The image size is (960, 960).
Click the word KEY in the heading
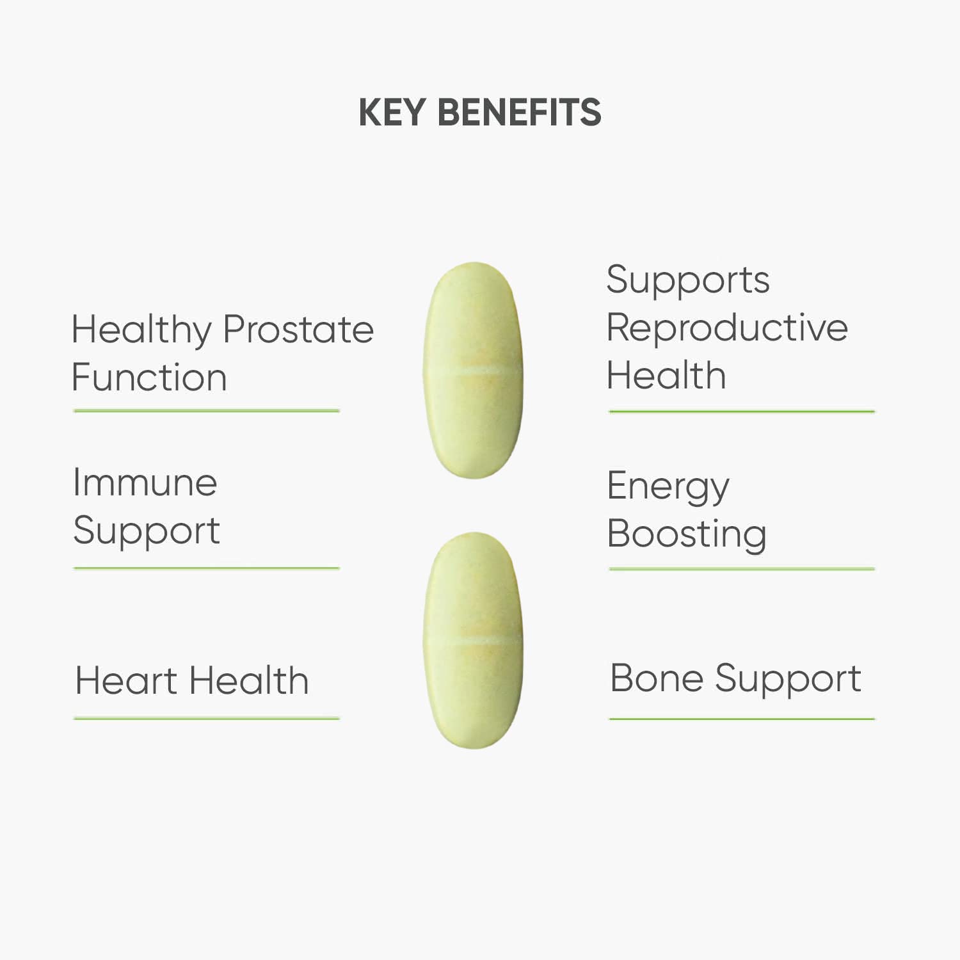[392, 113]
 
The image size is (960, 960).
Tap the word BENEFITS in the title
[519, 113]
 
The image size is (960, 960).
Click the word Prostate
[298, 330]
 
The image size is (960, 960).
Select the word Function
[149, 377]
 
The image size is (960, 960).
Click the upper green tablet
[473, 370]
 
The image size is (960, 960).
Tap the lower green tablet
[473, 640]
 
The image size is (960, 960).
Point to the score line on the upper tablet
[473, 371]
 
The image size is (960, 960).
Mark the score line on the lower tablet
[473, 640]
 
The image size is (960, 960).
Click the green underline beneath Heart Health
[207, 719]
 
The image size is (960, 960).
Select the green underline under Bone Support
[742, 719]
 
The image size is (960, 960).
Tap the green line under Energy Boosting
[742, 568]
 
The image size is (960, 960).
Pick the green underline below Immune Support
[207, 568]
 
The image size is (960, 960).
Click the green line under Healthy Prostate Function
[207, 411]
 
